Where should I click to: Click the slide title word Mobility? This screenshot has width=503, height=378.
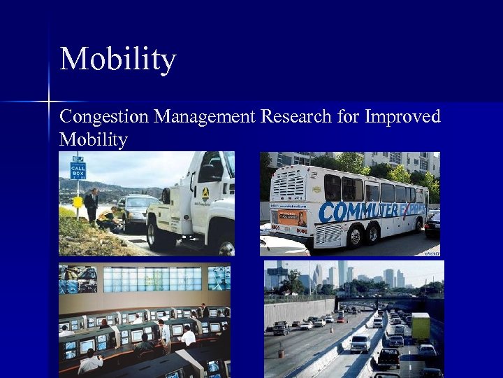(117, 59)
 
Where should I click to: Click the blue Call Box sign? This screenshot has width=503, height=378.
(78, 168)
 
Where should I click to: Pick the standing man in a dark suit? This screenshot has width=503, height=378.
(92, 205)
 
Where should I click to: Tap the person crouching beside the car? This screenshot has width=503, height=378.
(109, 218)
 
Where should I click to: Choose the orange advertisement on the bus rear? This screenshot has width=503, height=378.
(293, 218)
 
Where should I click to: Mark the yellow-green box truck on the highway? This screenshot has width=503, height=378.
(421, 327)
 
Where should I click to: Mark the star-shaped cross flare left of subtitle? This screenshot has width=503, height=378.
(49, 102)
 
